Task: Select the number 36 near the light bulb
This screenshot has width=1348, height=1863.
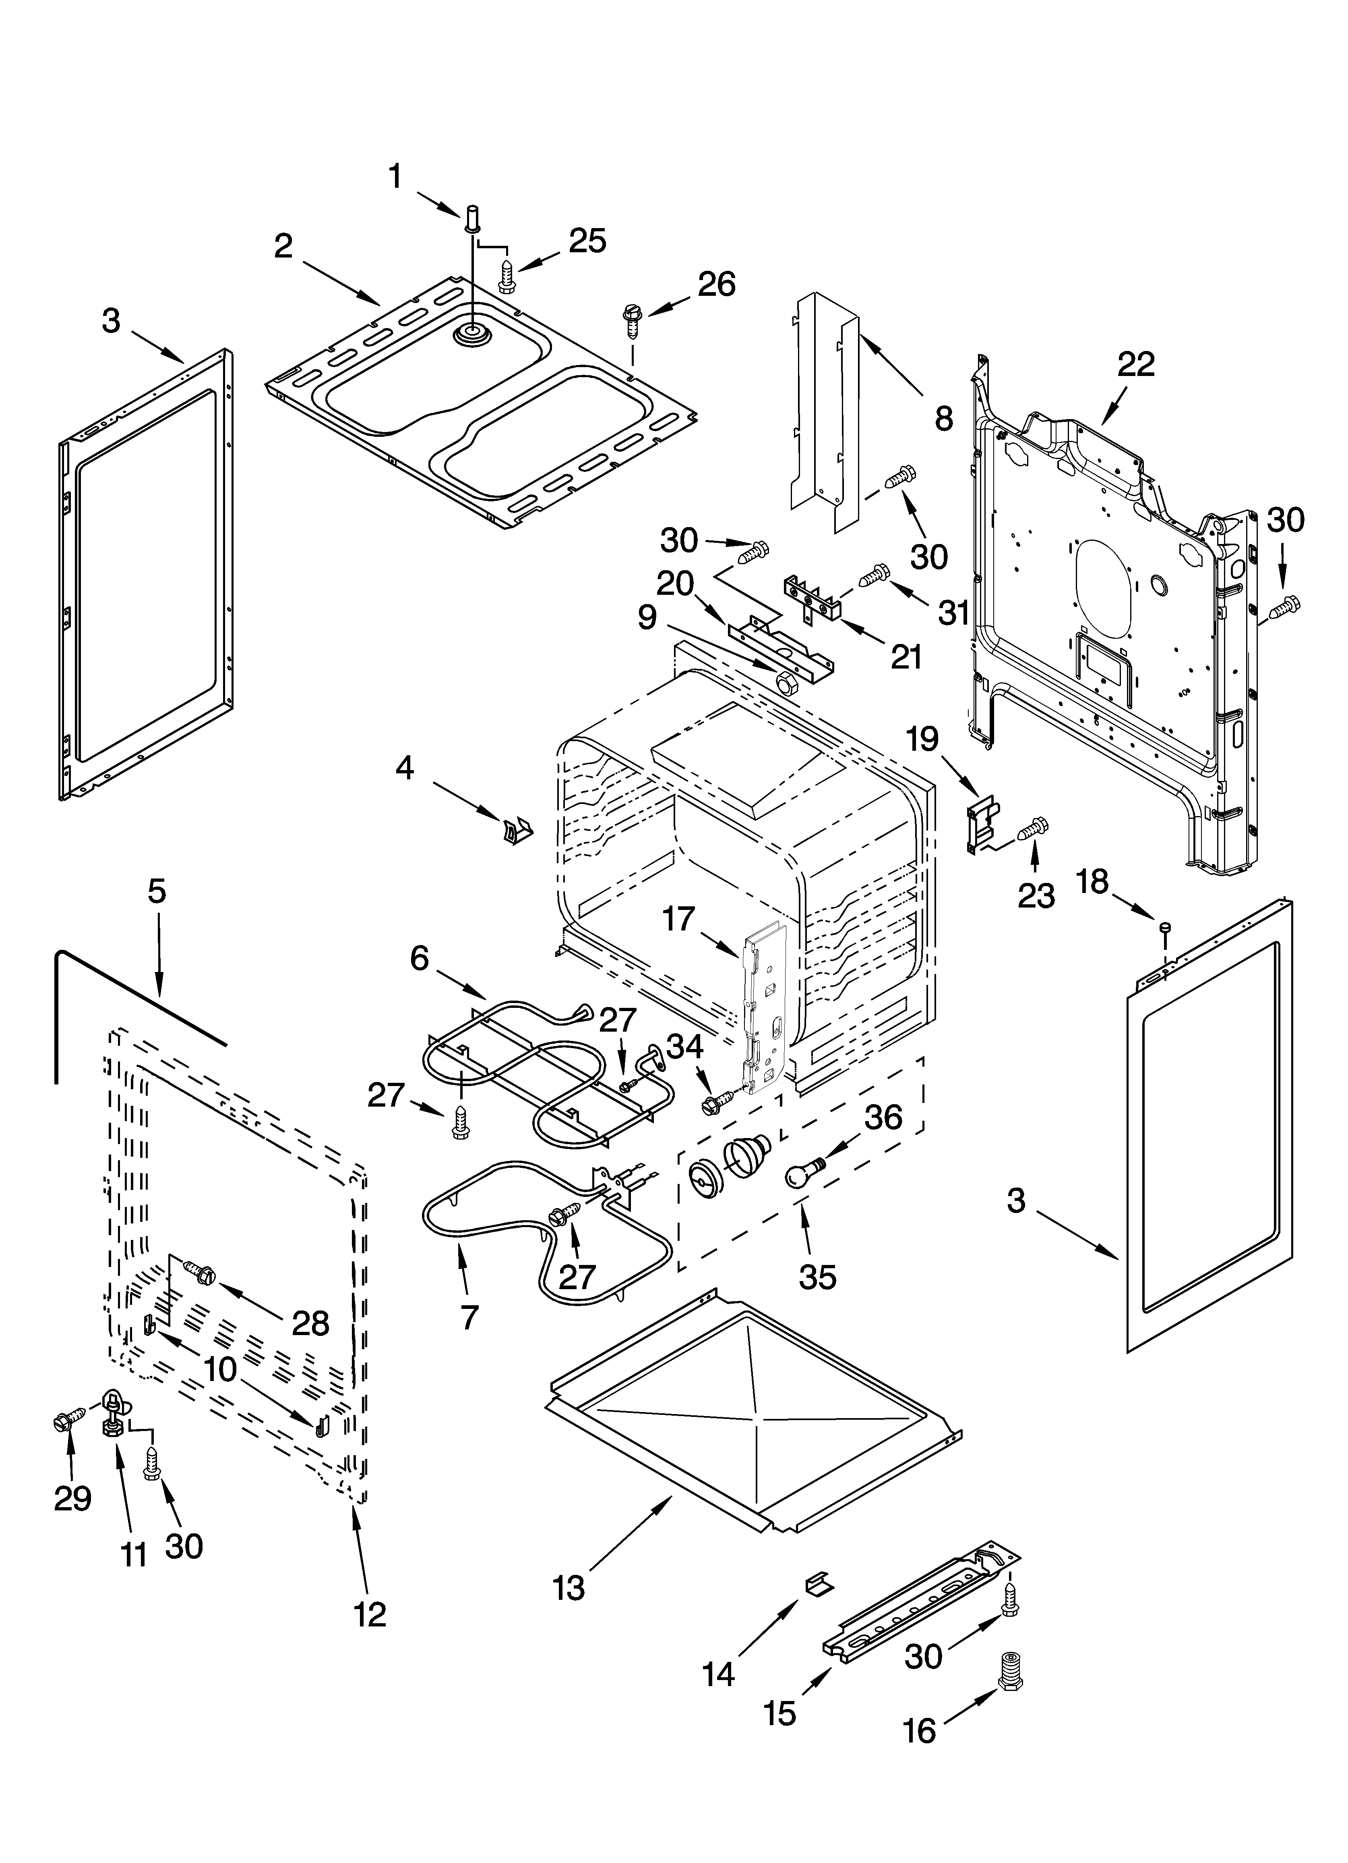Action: pyautogui.click(x=883, y=1117)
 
